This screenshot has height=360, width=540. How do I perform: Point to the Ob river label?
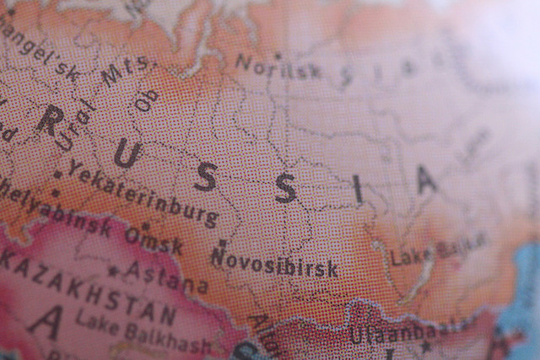coord(147,100)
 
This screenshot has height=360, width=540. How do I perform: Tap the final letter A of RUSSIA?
coord(427,178)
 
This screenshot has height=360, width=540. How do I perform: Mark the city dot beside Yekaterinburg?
coord(57,175)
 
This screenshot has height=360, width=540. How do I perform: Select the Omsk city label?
coord(154,239)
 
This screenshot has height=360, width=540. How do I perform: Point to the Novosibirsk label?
coord(274,263)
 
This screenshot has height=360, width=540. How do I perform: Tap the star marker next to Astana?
coord(113,271)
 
